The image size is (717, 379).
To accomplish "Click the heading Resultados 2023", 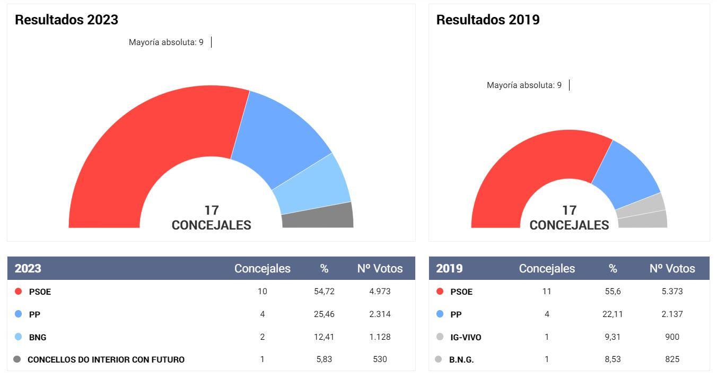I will [x=66, y=20].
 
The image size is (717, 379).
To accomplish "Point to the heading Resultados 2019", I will [x=487, y=20].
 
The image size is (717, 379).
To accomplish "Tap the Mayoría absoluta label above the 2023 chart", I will [x=166, y=42].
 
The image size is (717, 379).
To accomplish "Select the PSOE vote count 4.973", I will [x=380, y=292].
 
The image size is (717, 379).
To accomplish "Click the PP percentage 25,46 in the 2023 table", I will [x=324, y=314].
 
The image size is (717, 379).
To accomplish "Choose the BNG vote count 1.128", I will [x=380, y=337].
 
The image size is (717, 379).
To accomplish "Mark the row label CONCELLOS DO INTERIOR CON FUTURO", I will [x=106, y=360].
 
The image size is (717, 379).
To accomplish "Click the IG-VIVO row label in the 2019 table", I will [x=466, y=337].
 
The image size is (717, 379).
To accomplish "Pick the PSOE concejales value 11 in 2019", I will [x=547, y=292].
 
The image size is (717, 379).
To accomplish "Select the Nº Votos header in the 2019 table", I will [x=672, y=269].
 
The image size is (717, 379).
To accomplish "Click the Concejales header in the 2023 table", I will [x=263, y=269].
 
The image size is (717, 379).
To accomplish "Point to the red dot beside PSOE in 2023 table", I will [x=19, y=292].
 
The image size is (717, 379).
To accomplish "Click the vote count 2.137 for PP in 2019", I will [x=672, y=314].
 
